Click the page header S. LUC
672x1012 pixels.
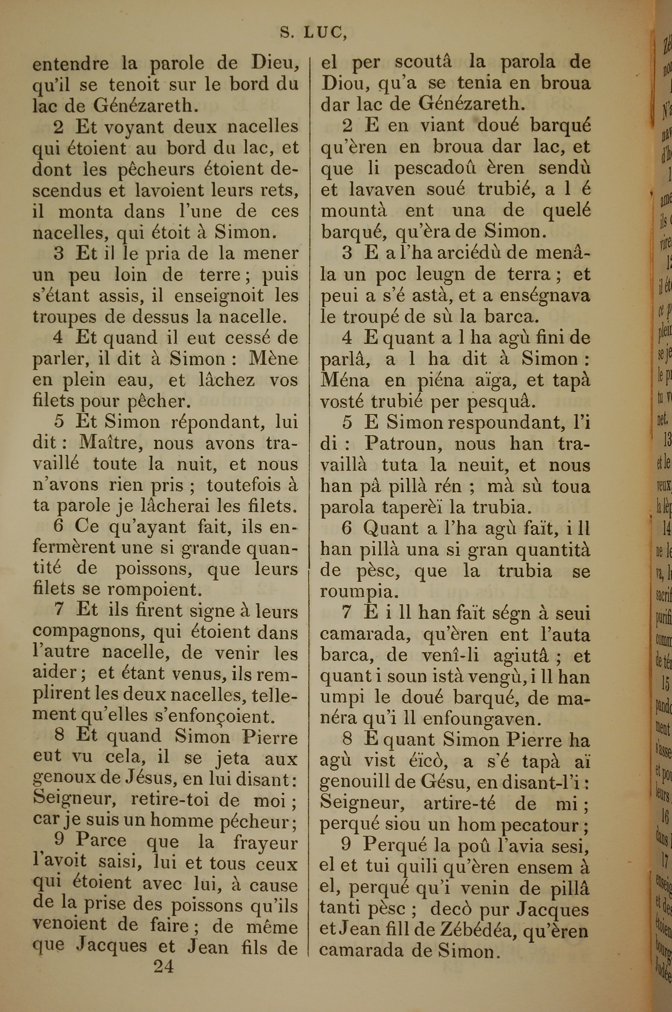coord(313,33)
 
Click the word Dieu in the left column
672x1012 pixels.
coord(274,64)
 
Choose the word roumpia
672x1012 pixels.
coord(357,591)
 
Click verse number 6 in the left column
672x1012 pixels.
coord(59,527)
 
